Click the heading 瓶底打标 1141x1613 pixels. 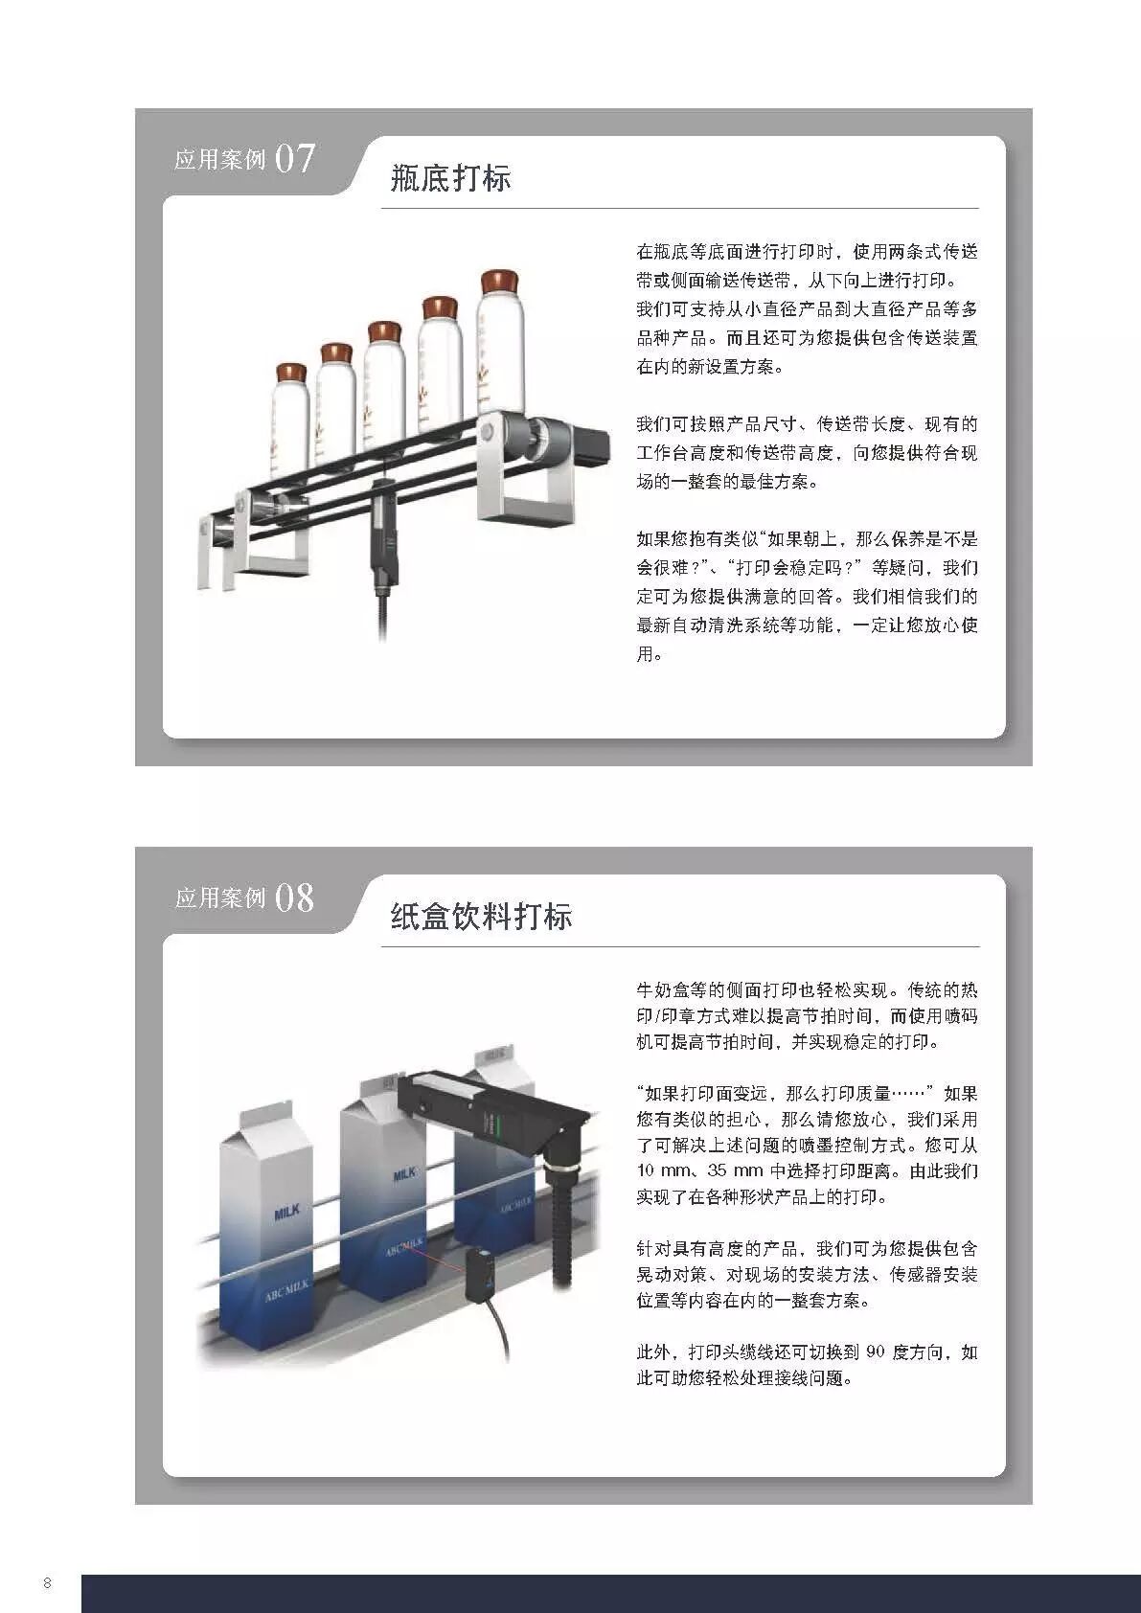tap(450, 178)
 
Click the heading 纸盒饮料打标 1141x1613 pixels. tap(481, 917)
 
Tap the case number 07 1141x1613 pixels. tap(294, 158)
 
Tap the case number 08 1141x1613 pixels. tap(294, 897)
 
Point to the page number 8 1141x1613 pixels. tap(47, 1582)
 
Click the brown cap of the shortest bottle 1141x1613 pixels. tap(290, 372)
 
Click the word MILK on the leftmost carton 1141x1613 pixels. tap(287, 1212)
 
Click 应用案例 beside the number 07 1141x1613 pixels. tap(219, 160)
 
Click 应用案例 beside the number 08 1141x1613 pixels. tap(219, 898)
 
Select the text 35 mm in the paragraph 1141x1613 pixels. tap(729, 1171)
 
